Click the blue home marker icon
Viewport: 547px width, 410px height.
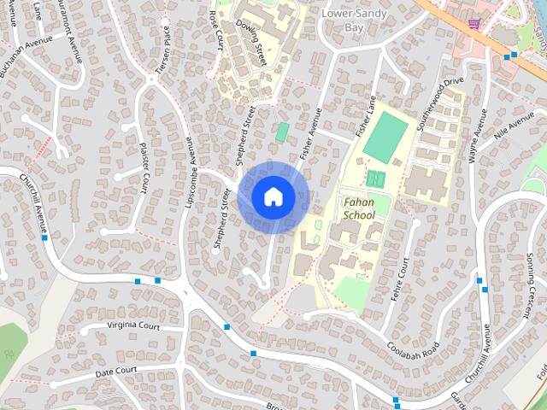click(x=273, y=197)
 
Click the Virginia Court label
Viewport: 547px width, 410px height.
click(x=133, y=326)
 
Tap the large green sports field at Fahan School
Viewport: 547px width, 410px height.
click(x=385, y=137)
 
